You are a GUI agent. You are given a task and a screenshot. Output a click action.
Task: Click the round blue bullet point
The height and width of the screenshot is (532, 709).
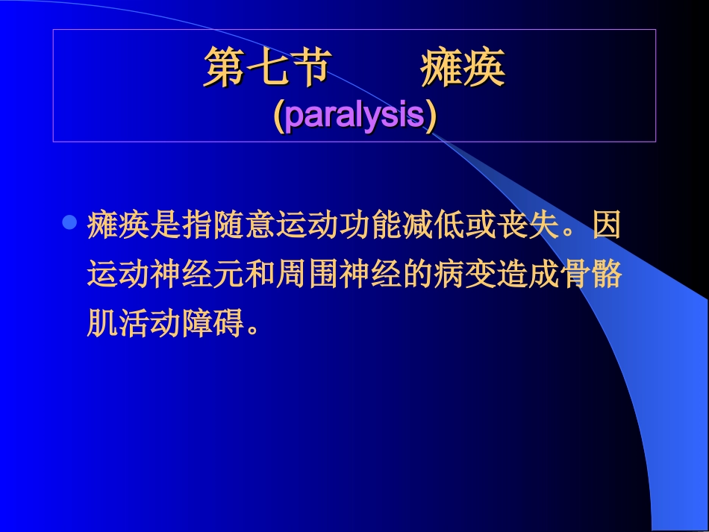[69, 222]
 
